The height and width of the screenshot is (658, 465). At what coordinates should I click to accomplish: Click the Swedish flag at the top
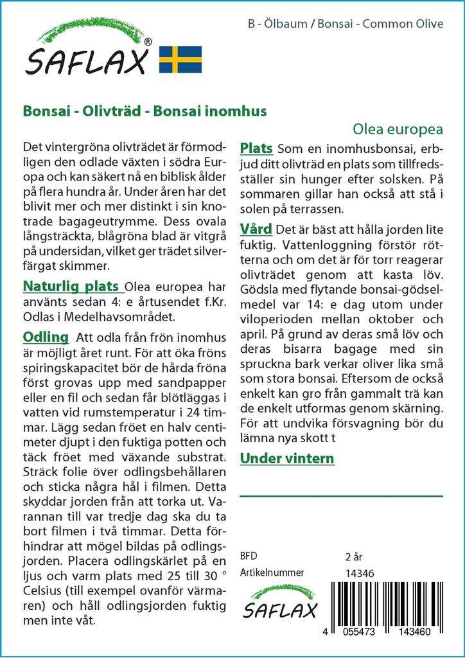[x=180, y=59]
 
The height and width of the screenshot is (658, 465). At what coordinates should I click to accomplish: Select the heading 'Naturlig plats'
[x=71, y=286]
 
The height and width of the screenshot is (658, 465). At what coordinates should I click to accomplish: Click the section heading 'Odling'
[x=46, y=337]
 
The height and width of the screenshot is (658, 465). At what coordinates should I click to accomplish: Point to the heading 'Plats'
[x=256, y=148]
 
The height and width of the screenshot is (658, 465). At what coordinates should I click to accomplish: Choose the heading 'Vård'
[x=256, y=229]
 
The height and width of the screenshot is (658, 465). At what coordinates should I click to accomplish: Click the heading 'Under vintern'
[x=287, y=458]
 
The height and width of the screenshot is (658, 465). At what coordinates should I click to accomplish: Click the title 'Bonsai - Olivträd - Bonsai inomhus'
[x=145, y=111]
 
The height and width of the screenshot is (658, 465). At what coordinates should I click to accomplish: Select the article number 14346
[x=360, y=573]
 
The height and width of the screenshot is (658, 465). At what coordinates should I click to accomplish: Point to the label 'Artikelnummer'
[x=272, y=573]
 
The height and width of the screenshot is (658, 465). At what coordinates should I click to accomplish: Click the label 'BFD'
[x=248, y=556]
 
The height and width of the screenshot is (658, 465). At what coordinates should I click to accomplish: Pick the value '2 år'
[x=354, y=556]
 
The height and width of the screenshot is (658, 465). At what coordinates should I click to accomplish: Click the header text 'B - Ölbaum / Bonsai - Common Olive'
[x=345, y=24]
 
